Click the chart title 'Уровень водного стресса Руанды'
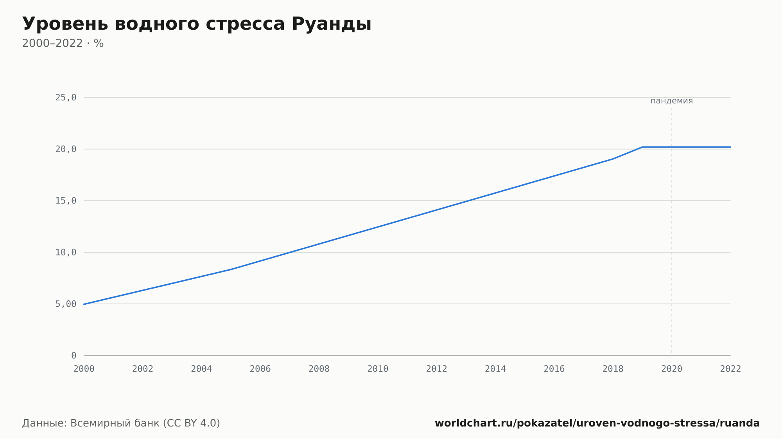197,24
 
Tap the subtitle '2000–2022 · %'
63,43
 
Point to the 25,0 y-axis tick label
66,98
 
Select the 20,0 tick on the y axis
66,149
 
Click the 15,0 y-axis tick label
66,201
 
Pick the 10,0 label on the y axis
66,252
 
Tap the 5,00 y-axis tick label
66,304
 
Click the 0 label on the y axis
74,355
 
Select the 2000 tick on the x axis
84,369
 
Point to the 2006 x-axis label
260,369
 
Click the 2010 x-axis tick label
378,369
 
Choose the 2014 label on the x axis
495,369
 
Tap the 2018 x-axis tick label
613,369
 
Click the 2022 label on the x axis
730,369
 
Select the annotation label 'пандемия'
672,101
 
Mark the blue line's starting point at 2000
84,304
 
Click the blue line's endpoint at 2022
730,147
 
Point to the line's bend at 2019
642,147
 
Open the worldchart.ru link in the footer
597,423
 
